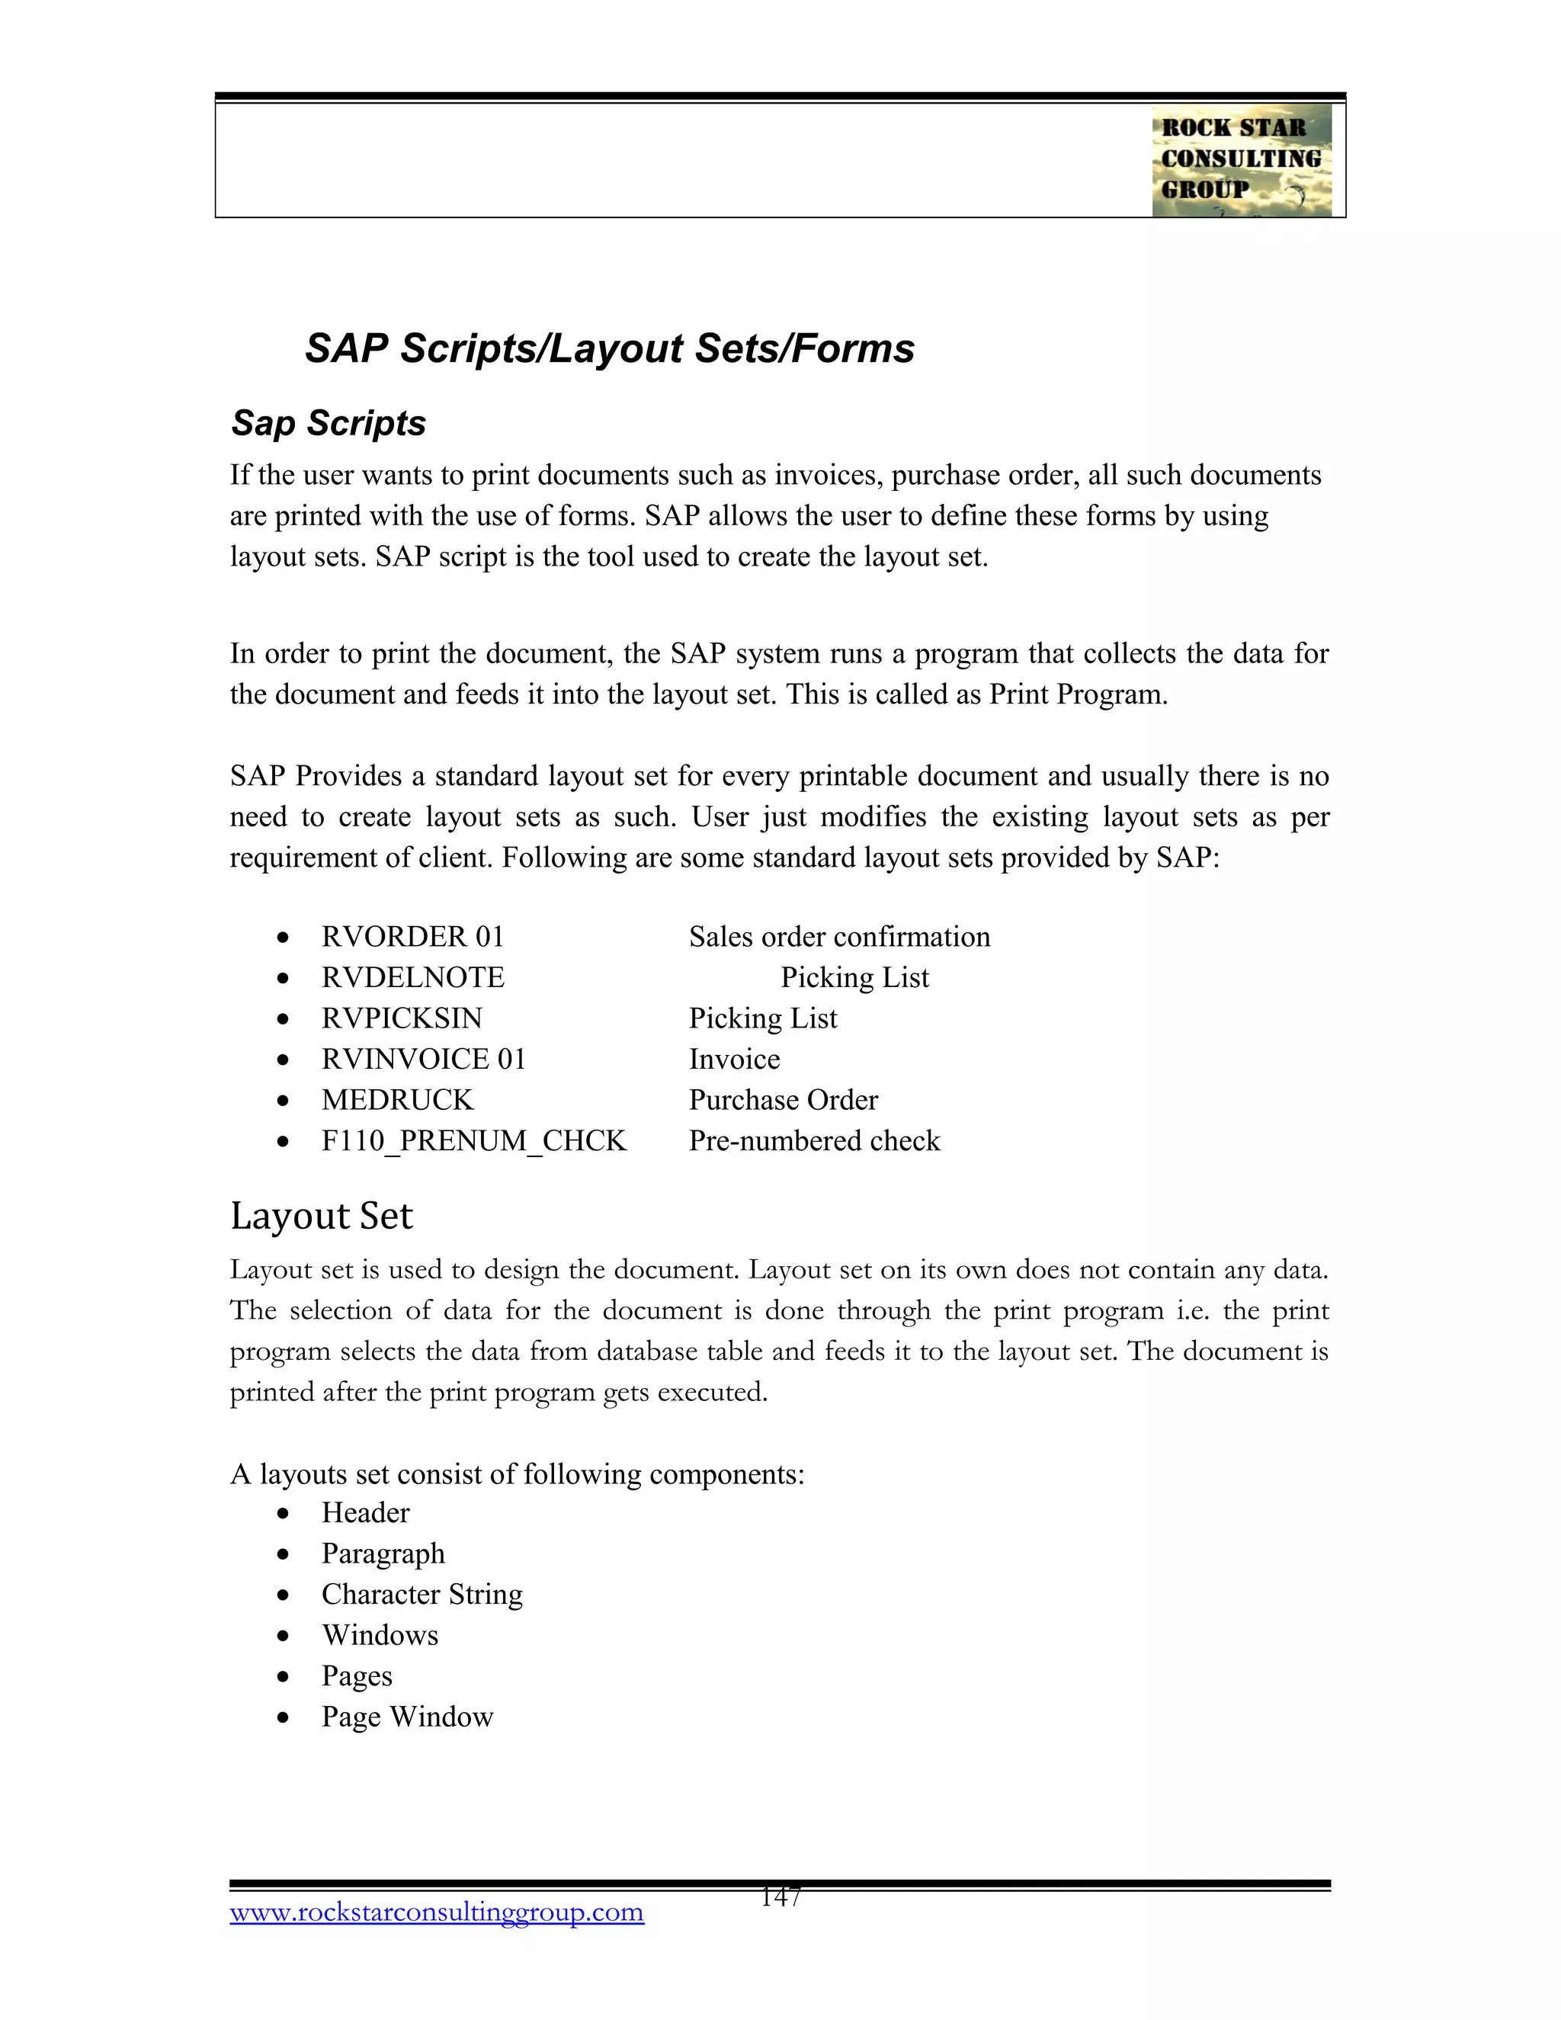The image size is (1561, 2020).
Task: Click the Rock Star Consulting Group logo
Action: tap(1241, 160)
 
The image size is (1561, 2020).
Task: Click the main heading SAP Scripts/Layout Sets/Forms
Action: tap(610, 348)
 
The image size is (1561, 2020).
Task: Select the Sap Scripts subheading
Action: tap(329, 423)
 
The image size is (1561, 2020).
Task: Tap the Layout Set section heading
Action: tap(321, 1215)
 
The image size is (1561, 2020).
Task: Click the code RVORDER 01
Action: tap(412, 937)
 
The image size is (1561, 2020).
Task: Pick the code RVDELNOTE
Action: tap(412, 978)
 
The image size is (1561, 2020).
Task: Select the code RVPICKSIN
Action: tap(402, 1018)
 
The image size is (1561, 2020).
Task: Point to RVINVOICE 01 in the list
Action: tap(424, 1059)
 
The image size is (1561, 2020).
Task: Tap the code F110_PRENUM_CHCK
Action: tap(473, 1140)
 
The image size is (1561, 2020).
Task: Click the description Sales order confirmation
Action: tap(838, 937)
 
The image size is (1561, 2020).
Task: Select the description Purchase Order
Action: tap(784, 1100)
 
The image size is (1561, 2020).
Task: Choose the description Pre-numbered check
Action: tap(814, 1140)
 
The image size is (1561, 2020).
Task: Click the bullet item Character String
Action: tap(422, 1595)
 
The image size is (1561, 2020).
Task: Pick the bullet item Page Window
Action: tap(407, 1717)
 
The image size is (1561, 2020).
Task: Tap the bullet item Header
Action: tap(365, 1513)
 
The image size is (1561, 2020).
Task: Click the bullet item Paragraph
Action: tap(383, 1553)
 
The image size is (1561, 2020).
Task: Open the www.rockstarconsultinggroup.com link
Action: tap(437, 1912)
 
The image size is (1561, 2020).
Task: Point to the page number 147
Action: tap(780, 1898)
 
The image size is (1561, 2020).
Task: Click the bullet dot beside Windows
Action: tap(283, 1636)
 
